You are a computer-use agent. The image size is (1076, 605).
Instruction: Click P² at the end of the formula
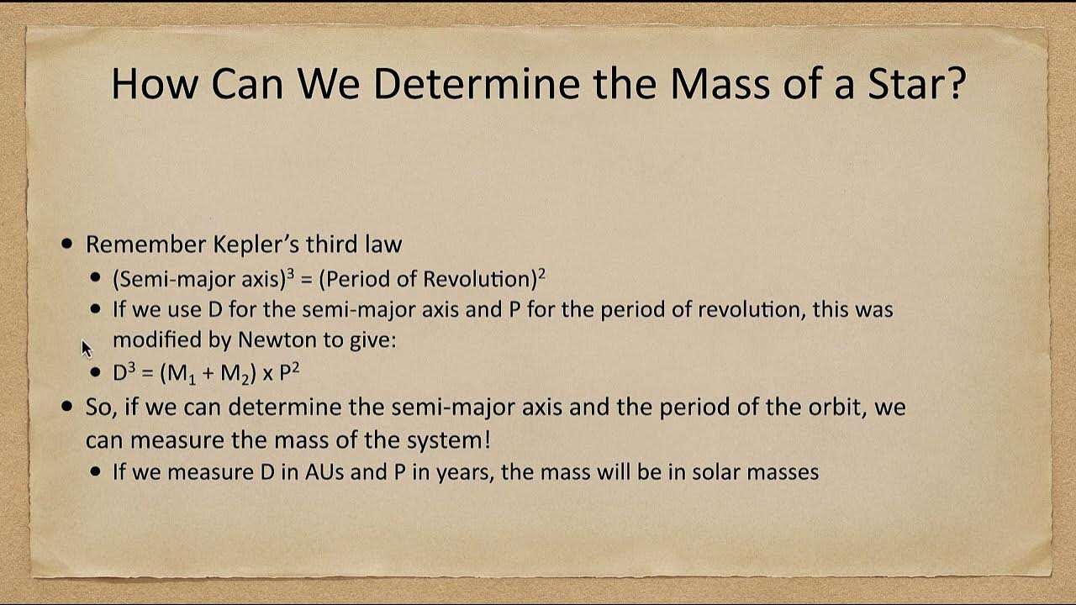[288, 372]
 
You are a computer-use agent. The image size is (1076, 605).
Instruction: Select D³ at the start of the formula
[124, 372]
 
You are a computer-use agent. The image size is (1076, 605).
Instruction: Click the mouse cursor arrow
[86, 348]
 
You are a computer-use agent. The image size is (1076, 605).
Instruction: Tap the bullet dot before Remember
[68, 245]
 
